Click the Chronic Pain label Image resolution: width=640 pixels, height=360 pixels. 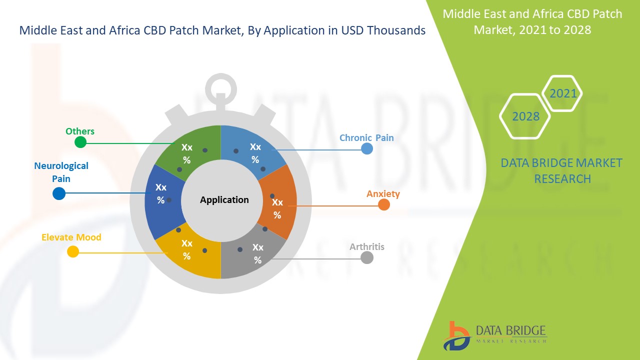coord(366,137)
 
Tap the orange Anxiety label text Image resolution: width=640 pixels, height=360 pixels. coord(383,193)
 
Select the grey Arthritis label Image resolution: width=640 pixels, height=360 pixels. coord(366,246)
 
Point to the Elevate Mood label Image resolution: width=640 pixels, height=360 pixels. coord(71,237)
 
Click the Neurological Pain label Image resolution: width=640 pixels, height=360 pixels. coord(61,172)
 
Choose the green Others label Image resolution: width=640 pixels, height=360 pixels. coord(80,131)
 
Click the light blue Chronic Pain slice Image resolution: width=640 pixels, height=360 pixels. coord(252,150)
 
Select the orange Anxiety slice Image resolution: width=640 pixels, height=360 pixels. coord(276,202)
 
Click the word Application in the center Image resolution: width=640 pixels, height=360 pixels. coord(224,199)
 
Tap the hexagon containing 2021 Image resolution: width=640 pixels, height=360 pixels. coord(563,93)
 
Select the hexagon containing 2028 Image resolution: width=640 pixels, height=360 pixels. coord(525,116)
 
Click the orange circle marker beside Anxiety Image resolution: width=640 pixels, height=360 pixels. coord(383,204)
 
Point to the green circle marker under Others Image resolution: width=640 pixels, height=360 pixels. coord(80,142)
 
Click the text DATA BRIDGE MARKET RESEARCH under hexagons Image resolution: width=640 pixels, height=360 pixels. coord(562,170)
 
